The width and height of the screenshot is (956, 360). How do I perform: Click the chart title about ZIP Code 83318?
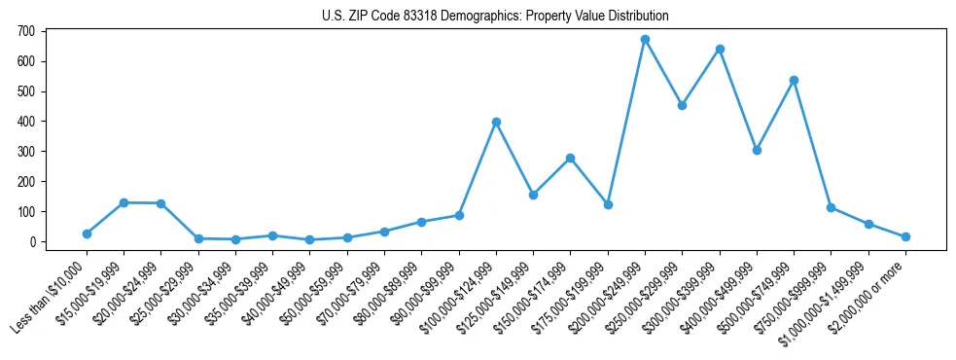(x=495, y=17)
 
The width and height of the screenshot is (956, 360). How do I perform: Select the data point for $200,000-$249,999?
(x=645, y=40)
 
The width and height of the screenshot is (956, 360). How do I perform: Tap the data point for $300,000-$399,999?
(x=720, y=49)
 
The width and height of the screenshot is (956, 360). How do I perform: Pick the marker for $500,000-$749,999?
(x=794, y=81)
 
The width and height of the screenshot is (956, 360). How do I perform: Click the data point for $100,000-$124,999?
(x=496, y=122)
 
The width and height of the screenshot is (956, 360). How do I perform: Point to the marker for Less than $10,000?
(x=87, y=234)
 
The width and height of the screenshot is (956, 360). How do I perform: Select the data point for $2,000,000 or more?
(x=905, y=236)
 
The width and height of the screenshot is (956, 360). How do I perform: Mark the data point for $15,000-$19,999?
(x=124, y=202)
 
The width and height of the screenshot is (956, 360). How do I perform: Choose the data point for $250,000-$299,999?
(x=682, y=105)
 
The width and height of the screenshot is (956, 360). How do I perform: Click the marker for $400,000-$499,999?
(x=757, y=150)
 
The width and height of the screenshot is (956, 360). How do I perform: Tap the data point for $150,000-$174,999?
(x=570, y=158)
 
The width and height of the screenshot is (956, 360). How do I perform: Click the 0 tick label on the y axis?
(x=31, y=242)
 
